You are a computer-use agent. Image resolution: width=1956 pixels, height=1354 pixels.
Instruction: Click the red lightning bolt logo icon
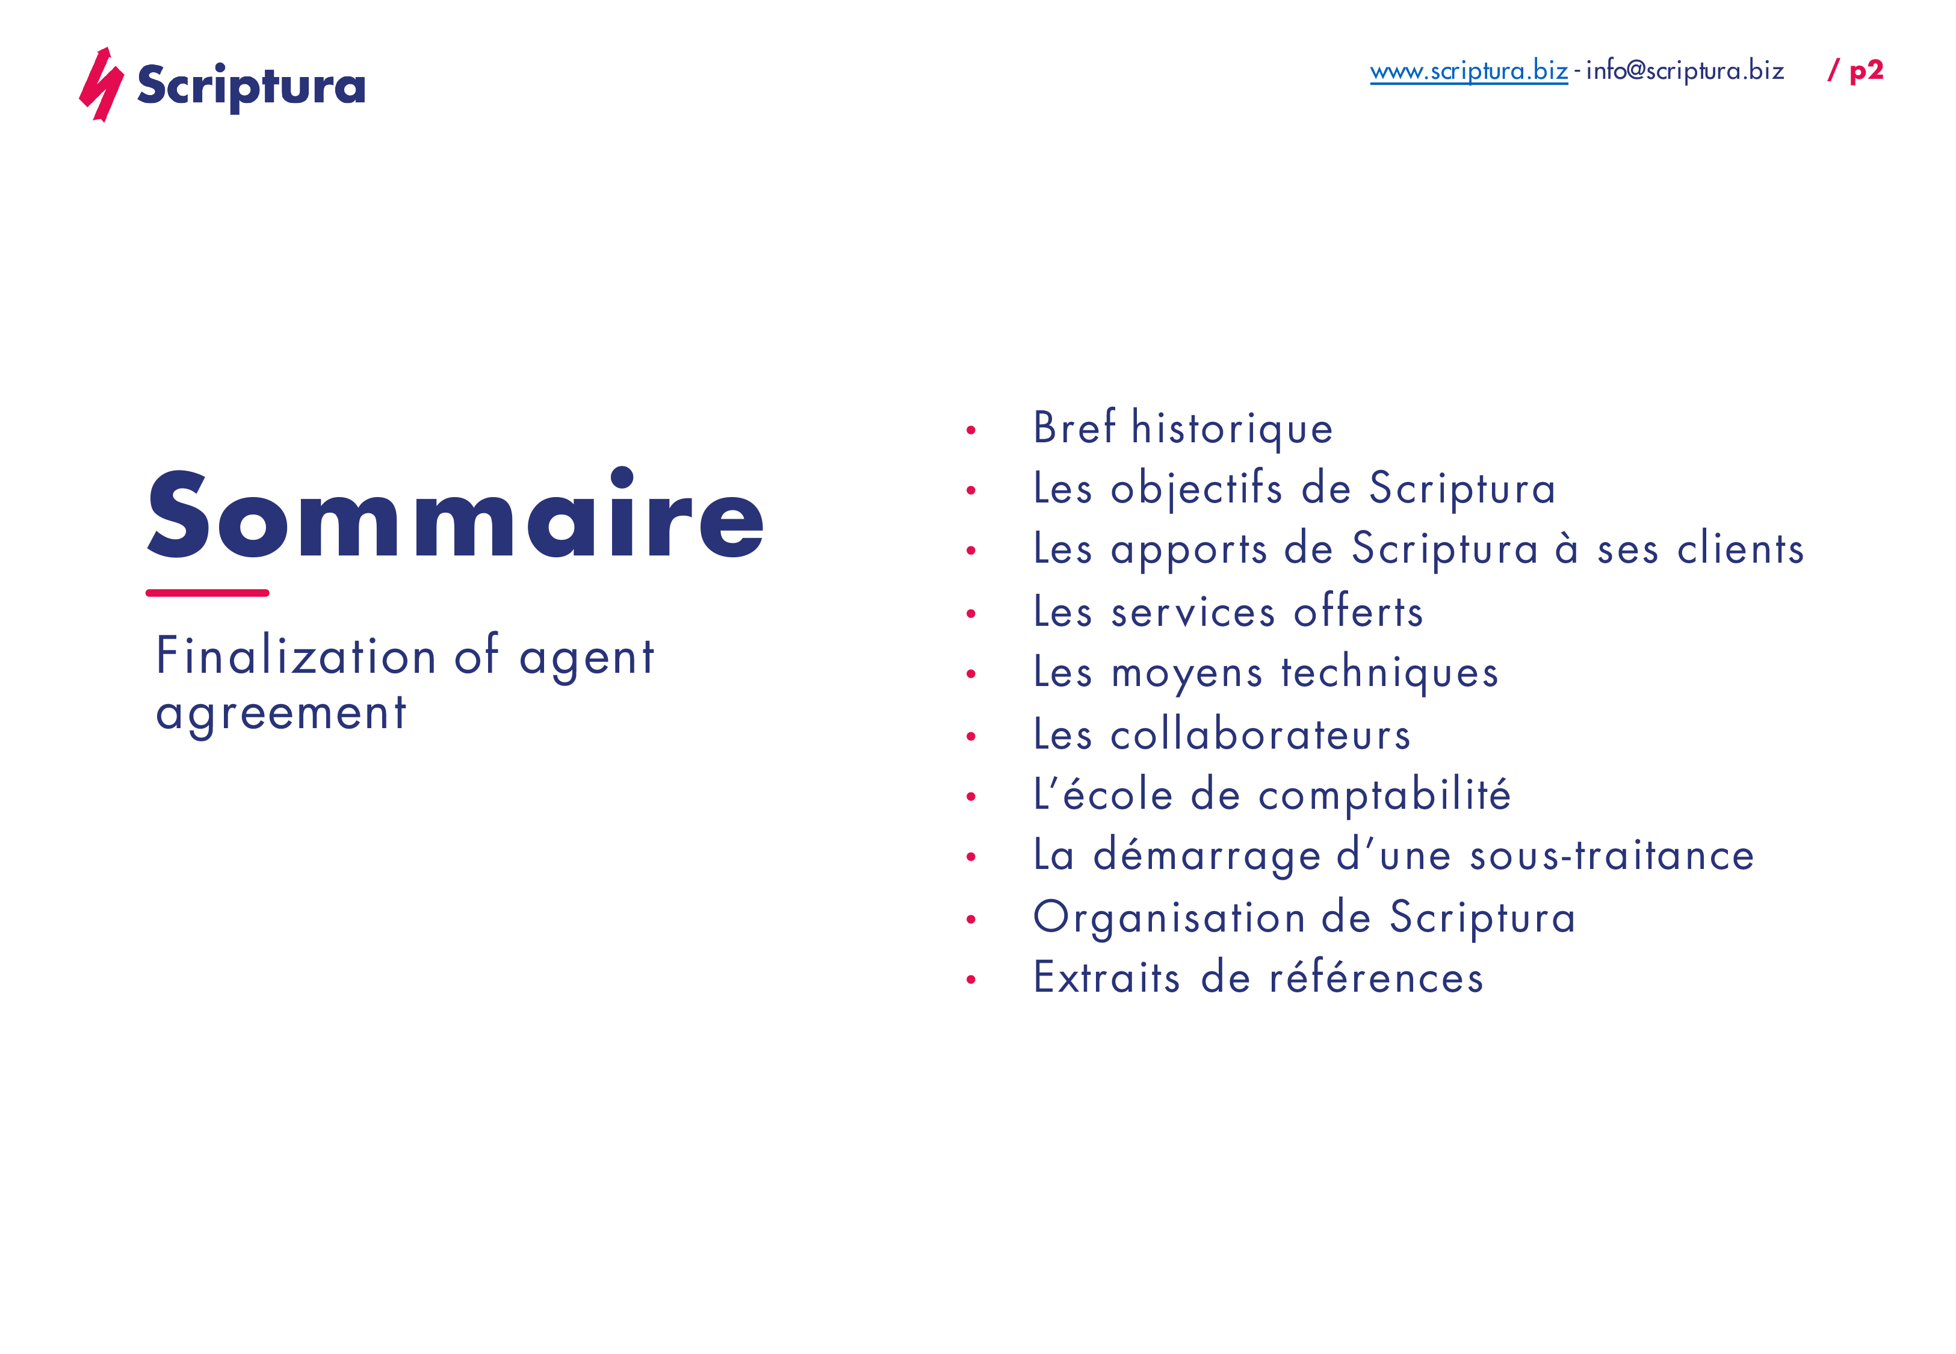101,85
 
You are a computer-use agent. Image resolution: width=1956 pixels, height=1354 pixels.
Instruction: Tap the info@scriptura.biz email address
1684,70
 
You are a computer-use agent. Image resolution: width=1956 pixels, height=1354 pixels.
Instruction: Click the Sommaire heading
456,515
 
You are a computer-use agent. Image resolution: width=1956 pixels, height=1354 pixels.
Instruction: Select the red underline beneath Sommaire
207,593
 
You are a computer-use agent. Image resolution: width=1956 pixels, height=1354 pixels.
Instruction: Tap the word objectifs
1196,489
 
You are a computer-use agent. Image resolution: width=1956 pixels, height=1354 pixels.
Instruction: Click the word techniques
1390,673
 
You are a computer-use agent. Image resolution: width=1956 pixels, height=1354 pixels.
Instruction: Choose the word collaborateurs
1260,735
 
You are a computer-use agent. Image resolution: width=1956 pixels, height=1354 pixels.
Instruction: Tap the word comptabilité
1384,796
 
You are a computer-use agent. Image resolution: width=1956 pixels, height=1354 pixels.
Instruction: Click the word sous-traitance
1612,855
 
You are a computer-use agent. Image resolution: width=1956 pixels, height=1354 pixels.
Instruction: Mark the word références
1376,978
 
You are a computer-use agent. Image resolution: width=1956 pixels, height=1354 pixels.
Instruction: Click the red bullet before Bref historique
971,430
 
